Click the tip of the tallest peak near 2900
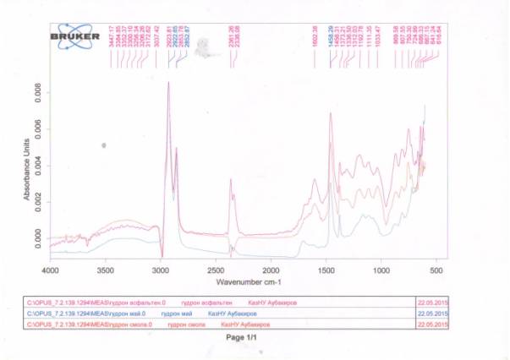(x=168, y=82)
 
